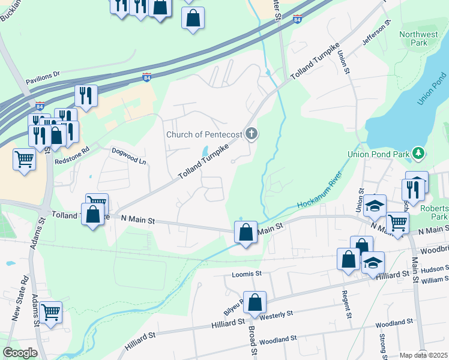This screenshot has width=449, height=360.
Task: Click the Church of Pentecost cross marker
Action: pos(252,133)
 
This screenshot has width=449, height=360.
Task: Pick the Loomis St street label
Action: pos(247,274)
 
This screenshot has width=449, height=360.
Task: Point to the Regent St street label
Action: pos(346,307)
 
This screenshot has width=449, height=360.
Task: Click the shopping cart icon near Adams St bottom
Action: pos(51,312)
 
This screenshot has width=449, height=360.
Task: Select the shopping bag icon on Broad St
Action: pos(255,303)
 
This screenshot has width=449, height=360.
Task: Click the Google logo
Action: pos(20,353)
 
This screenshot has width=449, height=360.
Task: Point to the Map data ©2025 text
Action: pos(423,356)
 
